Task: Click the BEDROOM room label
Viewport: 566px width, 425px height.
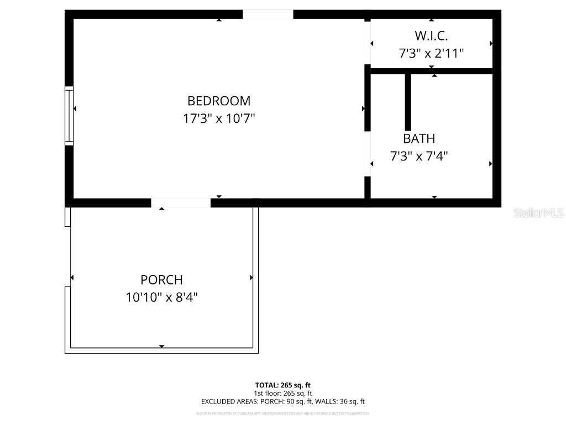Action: (x=219, y=101)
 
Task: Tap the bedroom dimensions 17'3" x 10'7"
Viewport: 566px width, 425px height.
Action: (x=219, y=118)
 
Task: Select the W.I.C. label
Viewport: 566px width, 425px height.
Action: (x=431, y=36)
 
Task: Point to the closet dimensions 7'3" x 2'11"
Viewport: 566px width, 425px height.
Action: (x=431, y=53)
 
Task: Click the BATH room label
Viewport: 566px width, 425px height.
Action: (x=419, y=138)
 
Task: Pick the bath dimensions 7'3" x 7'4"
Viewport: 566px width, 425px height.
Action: (x=419, y=156)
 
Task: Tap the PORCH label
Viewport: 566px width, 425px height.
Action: (x=161, y=280)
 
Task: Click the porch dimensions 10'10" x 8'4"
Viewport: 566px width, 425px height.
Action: (x=161, y=297)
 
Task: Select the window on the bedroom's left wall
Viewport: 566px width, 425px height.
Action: (x=69, y=116)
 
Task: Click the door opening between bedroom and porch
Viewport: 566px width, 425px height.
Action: (x=181, y=203)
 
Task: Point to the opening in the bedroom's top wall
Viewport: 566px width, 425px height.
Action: (x=268, y=14)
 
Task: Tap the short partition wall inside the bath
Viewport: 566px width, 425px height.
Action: (x=408, y=102)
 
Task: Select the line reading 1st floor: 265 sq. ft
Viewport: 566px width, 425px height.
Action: (x=283, y=393)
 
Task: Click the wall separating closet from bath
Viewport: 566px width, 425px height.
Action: (x=431, y=71)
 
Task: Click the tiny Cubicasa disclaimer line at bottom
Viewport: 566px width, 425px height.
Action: (x=283, y=413)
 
